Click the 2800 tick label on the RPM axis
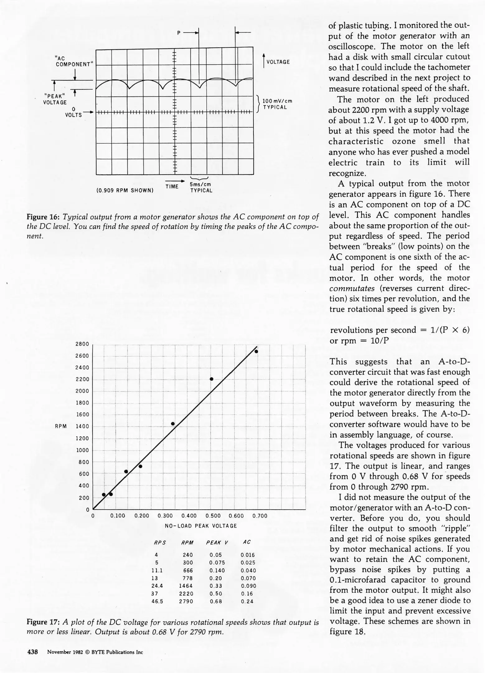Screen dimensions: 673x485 82,344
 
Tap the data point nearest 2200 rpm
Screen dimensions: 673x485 211,379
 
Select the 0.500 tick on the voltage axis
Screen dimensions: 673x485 213,516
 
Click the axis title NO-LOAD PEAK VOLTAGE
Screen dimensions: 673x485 201,526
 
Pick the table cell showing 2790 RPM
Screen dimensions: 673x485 186,601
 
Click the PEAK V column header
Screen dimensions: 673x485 217,542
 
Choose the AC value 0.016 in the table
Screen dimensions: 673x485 247,555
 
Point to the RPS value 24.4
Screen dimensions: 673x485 157,586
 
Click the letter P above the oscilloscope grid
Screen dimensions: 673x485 179,33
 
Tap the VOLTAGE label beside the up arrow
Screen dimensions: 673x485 278,62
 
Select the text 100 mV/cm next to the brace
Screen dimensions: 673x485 277,101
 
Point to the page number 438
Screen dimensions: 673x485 33,652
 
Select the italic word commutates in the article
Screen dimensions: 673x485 352,288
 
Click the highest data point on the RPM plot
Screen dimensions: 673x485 256,351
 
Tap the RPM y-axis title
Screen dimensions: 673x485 61,426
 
